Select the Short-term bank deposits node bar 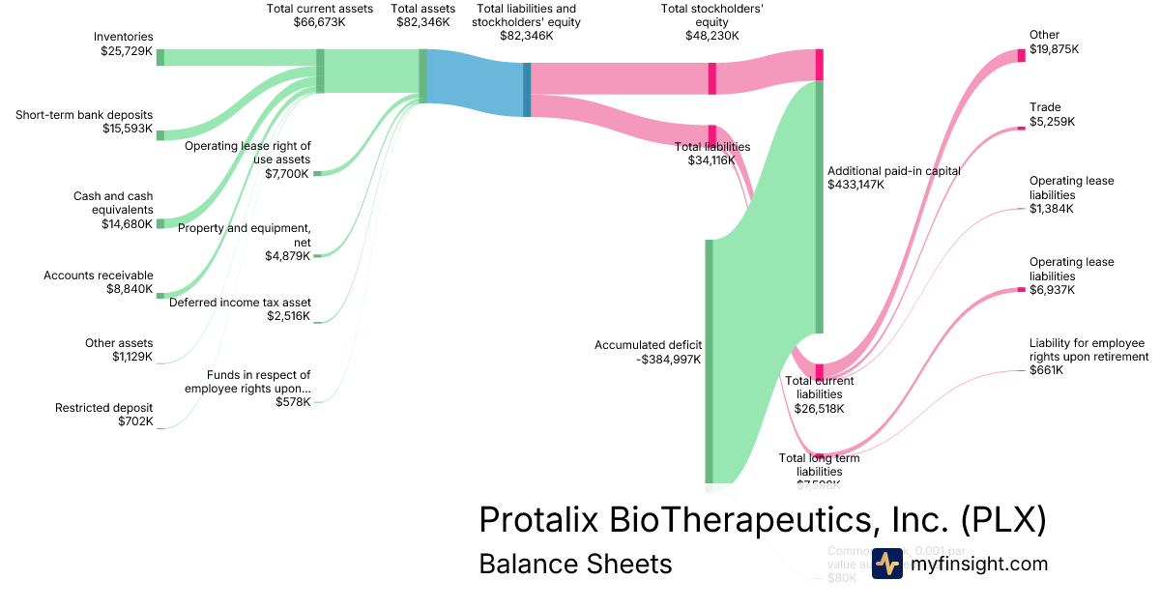tap(160, 135)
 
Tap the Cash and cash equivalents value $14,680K tap(127, 224)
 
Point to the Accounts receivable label tap(98, 275)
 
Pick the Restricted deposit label tap(103, 415)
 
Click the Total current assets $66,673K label tap(319, 15)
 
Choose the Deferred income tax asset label tap(240, 303)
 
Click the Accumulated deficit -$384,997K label tap(648, 352)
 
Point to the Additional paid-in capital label tap(893, 171)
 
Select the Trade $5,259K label tap(1052, 114)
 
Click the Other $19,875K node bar tap(1021, 55)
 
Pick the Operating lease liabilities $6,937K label tap(1071, 275)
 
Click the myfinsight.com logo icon tap(886, 564)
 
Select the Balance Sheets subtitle tap(575, 564)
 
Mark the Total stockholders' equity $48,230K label tap(700, 22)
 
